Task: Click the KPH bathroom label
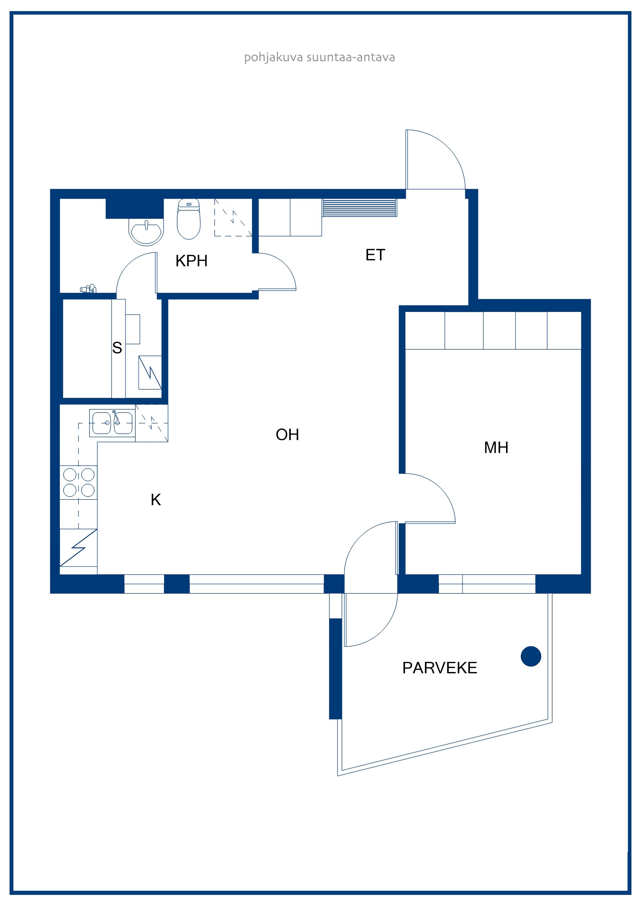192,261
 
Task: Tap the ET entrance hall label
375,255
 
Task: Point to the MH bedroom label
496,448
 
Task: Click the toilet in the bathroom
189,219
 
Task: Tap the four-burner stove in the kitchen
79,482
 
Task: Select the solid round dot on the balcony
531,656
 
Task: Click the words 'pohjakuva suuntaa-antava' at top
319,58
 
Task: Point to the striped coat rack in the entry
360,208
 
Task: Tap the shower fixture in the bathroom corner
88,289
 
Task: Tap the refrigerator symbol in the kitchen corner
79,548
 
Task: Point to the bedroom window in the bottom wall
487,584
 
